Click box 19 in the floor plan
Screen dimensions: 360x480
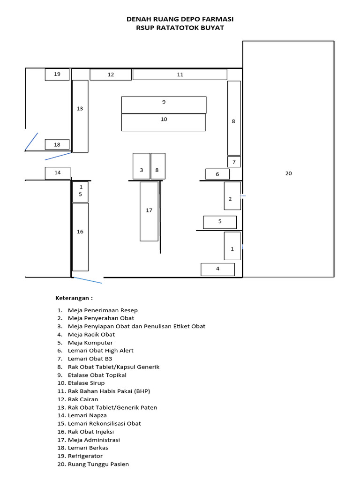pyautogui.click(x=57, y=75)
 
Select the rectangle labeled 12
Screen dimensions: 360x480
pyautogui.click(x=111, y=75)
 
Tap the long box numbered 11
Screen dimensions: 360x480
pyautogui.click(x=180, y=75)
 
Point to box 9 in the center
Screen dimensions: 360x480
pyautogui.click(x=164, y=105)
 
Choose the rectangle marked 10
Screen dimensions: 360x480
pyautogui.click(x=164, y=122)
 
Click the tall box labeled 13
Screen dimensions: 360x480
pyautogui.click(x=80, y=116)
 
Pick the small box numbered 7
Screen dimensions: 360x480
pyautogui.click(x=234, y=162)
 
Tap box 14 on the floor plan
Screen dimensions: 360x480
pyautogui.click(x=58, y=173)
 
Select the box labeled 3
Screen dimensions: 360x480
pyautogui.click(x=142, y=166)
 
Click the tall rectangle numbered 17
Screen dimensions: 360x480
pyautogui.click(x=149, y=211)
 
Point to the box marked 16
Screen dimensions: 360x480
pyautogui.click(x=81, y=237)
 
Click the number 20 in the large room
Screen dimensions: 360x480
pyautogui.click(x=289, y=173)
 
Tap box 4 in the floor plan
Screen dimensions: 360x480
pyautogui.click(x=217, y=270)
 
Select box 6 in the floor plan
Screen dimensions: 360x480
pyautogui.click(x=217, y=174)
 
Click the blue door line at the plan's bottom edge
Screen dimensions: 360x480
pyautogui.click(x=88, y=280)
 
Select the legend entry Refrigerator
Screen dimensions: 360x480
pyautogui.click(x=85, y=456)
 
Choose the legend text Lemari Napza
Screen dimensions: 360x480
pyautogui.click(x=87, y=415)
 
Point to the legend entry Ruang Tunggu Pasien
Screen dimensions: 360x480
pyautogui.click(x=98, y=465)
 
